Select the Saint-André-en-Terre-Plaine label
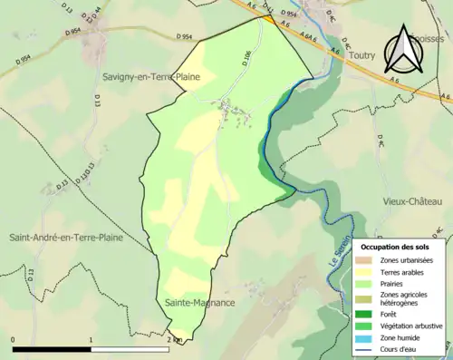click(66, 238)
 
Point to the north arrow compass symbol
click(402, 50)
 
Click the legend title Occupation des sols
click(400, 246)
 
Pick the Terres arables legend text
click(402, 271)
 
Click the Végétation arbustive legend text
click(413, 324)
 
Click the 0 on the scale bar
click(13, 339)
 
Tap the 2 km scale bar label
click(175, 339)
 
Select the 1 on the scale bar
click(92, 339)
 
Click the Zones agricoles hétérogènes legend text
click(406, 298)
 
